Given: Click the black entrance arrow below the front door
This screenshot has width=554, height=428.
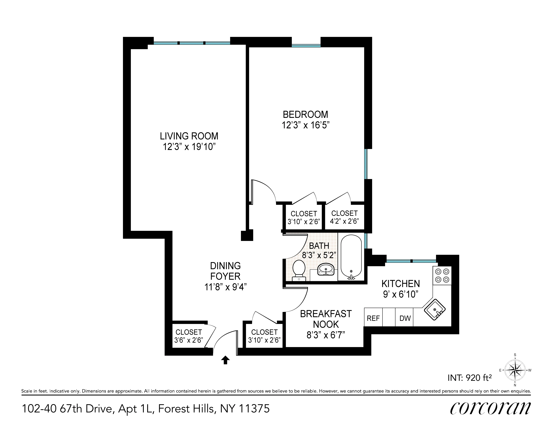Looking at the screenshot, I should click(x=225, y=360).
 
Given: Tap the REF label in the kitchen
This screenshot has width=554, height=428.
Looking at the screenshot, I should click(x=373, y=318).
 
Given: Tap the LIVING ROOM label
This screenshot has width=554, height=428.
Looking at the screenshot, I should click(x=189, y=136).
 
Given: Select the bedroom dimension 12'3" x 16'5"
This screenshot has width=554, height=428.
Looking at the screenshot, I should click(x=305, y=125).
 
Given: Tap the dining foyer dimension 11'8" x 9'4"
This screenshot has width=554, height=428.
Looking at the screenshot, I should click(x=225, y=287).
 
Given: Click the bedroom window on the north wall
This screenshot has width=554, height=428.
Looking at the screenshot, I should click(x=306, y=46).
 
